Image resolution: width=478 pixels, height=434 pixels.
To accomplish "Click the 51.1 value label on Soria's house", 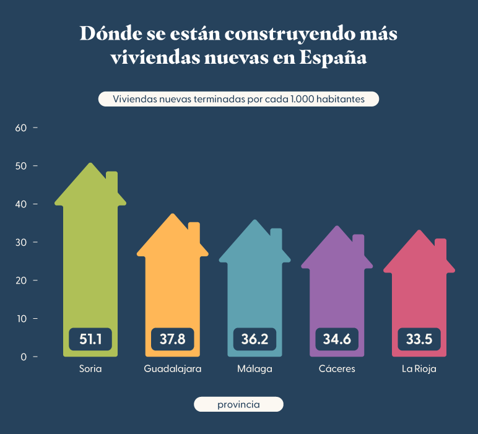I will click(90, 339).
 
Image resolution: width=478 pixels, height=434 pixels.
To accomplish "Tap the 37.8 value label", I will click(172, 339).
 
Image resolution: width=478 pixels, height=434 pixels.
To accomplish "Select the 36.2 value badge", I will click(254, 339).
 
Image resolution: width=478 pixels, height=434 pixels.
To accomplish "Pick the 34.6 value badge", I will click(337, 339).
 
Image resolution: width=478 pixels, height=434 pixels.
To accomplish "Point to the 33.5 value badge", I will click(419, 339).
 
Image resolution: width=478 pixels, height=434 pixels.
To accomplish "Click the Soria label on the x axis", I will click(90, 369).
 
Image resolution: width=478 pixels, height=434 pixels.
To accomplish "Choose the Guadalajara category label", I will click(173, 369).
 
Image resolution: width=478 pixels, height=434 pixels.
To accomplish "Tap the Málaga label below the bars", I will click(254, 369).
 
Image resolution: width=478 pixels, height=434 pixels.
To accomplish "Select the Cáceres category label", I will click(337, 369).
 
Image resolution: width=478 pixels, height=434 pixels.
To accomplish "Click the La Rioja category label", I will click(419, 369).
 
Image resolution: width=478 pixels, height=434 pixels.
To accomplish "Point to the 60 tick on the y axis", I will click(21, 128).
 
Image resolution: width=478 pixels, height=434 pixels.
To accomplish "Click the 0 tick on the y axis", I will click(24, 357).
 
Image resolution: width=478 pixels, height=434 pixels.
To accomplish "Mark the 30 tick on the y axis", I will click(21, 243).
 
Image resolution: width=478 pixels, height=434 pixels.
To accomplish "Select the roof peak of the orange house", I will click(173, 215).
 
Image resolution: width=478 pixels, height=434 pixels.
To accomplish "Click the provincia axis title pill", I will click(238, 404).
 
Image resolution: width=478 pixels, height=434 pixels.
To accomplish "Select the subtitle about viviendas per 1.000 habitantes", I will click(238, 99).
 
